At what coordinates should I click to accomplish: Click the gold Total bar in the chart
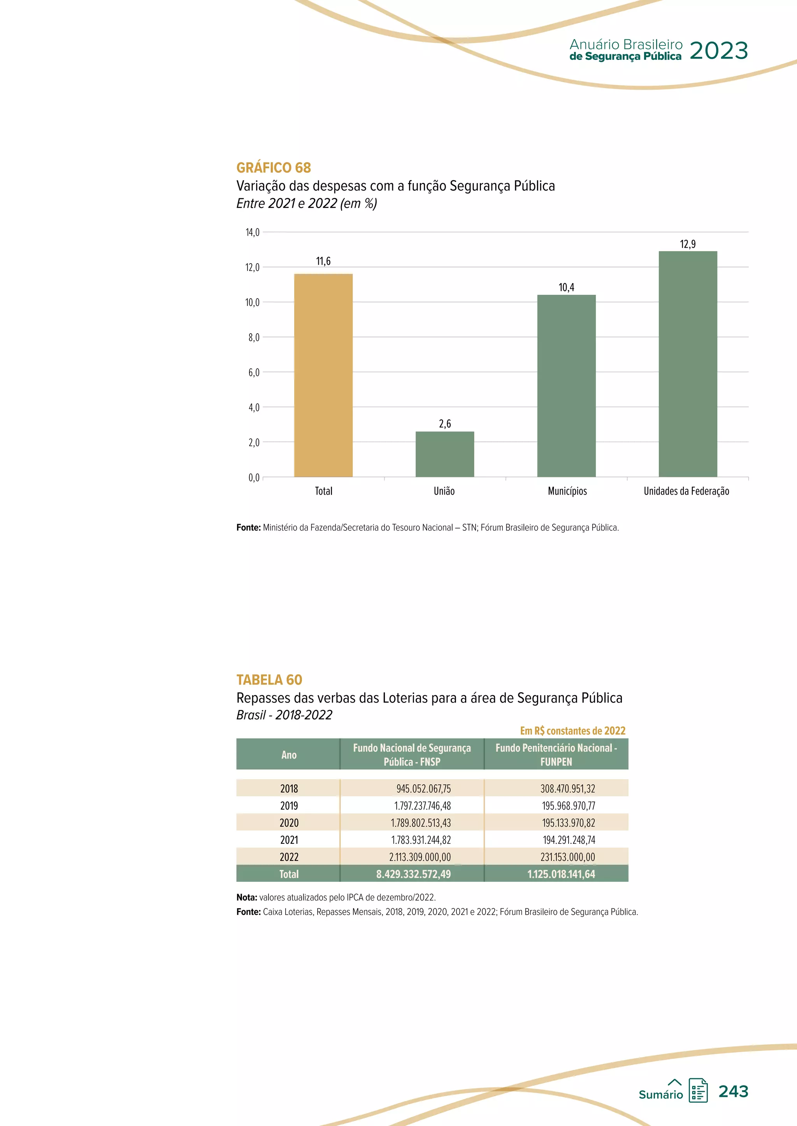coord(323,375)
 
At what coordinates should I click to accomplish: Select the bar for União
coord(445,454)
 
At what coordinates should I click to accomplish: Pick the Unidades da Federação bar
coord(688,364)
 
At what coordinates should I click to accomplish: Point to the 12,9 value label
coord(688,244)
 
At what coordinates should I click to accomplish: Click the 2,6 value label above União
coord(445,424)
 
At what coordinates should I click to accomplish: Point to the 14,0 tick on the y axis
coord(252,233)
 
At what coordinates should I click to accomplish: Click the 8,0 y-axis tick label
coord(253,337)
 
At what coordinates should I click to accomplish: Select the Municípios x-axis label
coord(567,491)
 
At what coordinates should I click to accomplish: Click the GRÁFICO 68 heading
coord(273,168)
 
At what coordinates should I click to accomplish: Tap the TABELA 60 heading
coord(269,680)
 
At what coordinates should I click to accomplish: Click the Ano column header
coord(289,755)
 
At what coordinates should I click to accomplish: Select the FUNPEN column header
coord(556,755)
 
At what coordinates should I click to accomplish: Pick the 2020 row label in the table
coord(289,822)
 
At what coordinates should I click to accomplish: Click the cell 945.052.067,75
coord(423,789)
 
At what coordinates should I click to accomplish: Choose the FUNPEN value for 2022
coord(567,857)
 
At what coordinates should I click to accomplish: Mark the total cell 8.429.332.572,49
coord(413,874)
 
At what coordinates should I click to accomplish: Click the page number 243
coord(733,1091)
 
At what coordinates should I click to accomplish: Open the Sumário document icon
coord(697,1091)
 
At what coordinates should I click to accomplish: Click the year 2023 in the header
coord(718,51)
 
